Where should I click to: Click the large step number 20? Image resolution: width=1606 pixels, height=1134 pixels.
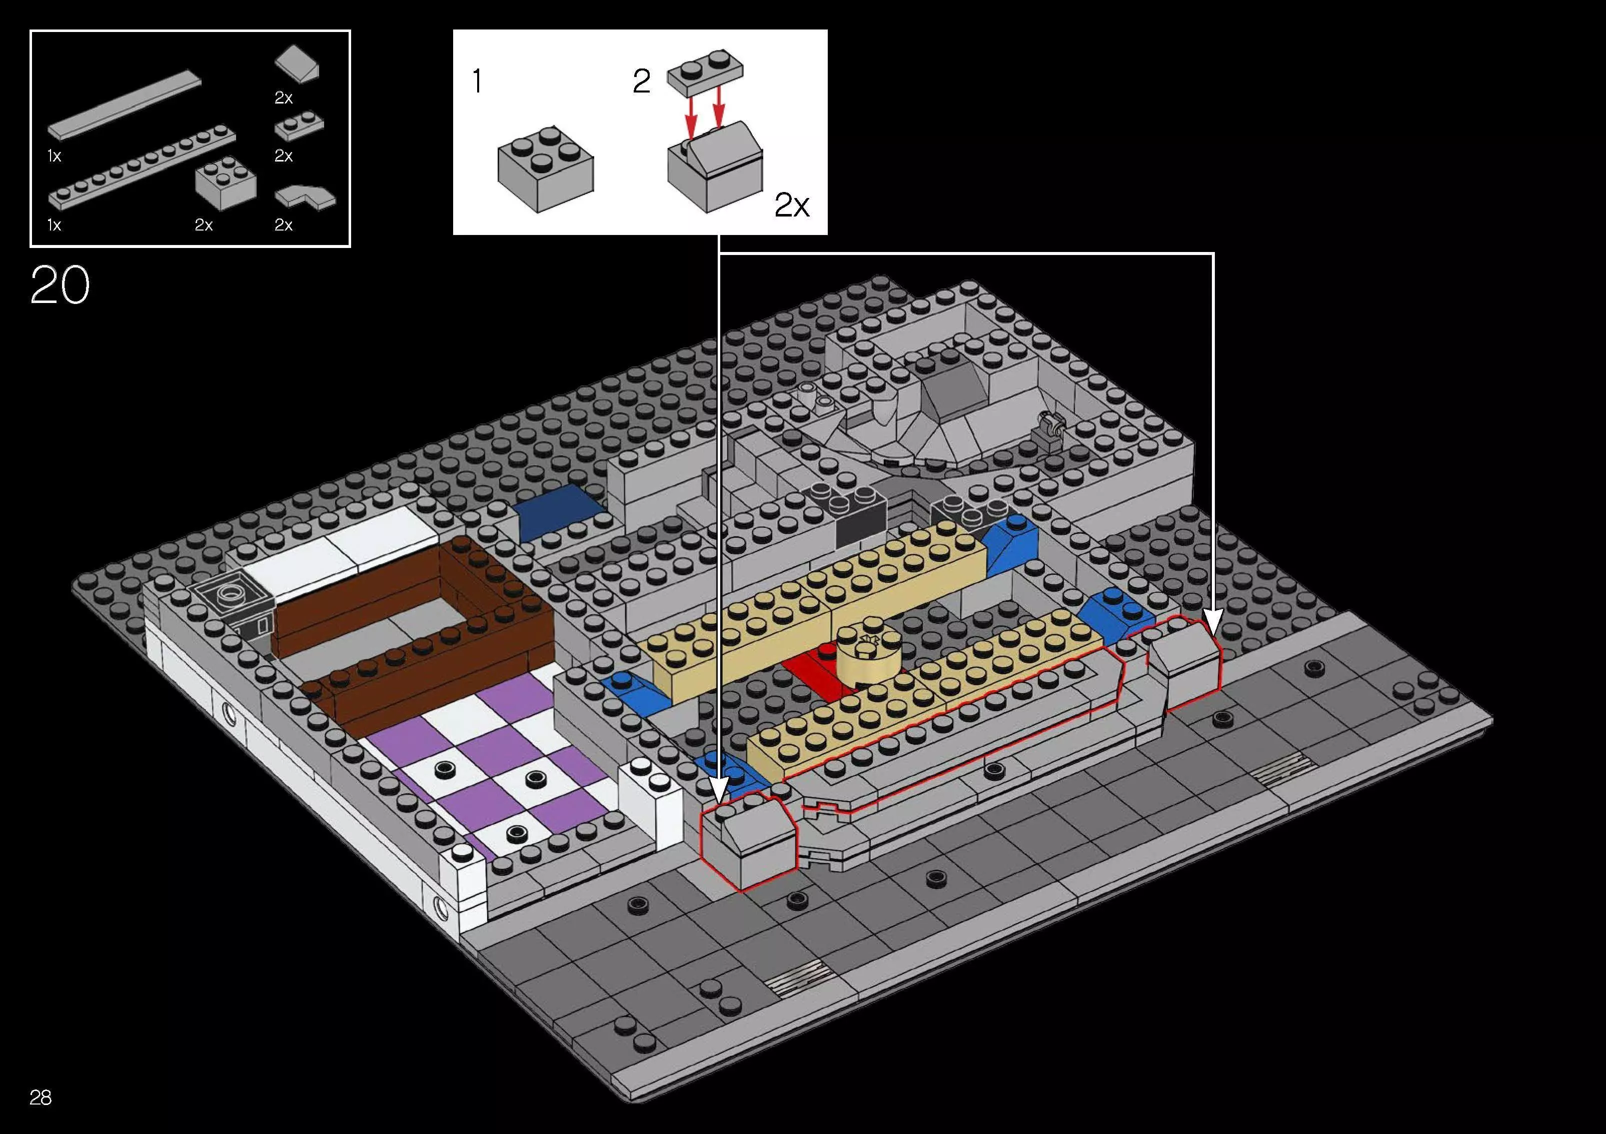[60, 285]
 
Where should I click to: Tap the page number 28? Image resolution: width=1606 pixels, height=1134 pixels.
[41, 1097]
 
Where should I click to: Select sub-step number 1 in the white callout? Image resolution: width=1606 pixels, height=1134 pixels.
[476, 82]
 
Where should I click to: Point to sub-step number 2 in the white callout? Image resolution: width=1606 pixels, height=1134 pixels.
[641, 82]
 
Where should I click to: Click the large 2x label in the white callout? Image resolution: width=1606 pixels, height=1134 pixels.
[792, 205]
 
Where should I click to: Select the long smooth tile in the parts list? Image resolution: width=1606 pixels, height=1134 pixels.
[125, 105]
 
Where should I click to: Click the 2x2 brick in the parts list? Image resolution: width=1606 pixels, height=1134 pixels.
[225, 184]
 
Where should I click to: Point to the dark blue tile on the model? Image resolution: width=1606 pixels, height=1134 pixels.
[558, 510]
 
